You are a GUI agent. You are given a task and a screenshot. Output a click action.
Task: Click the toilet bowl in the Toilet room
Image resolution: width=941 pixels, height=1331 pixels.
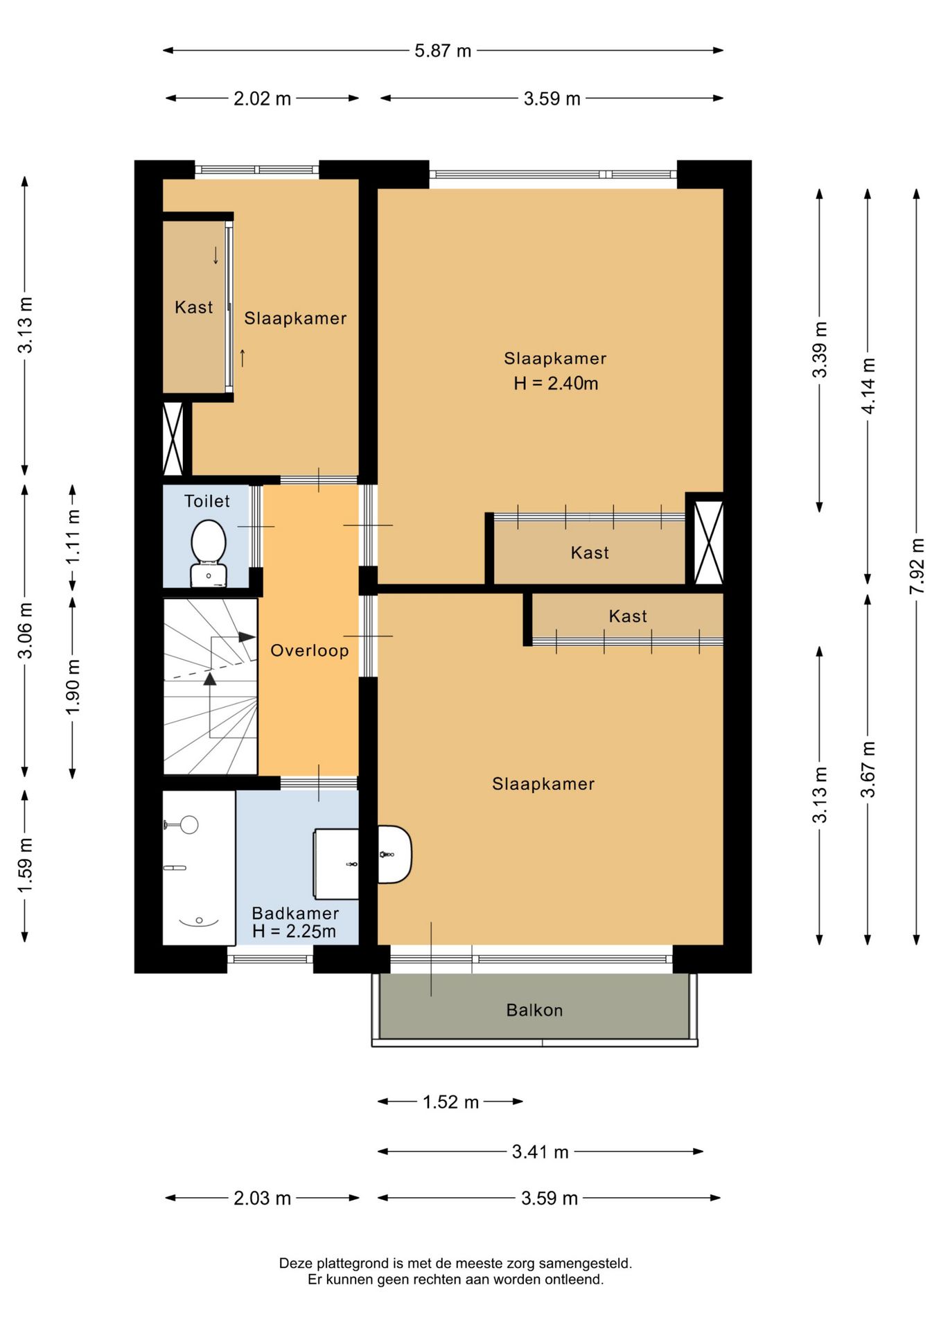209,542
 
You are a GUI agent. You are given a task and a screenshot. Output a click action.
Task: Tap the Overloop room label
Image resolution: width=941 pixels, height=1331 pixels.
310,650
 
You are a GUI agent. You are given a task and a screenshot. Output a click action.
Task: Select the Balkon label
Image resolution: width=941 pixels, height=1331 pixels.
534,1010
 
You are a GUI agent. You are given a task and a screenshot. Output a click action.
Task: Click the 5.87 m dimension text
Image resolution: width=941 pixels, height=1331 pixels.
443,51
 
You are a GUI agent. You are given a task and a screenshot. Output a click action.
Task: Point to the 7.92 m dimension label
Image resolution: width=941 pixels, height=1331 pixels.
917,566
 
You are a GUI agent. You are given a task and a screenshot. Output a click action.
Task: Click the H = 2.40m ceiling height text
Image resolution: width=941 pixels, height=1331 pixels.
556,383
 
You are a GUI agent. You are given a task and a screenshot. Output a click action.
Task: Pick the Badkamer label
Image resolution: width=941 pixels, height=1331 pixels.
295,913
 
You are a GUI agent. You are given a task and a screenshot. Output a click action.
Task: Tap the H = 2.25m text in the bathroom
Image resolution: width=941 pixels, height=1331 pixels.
294,932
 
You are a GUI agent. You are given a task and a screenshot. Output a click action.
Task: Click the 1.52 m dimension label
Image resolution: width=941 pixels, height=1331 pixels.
451,1102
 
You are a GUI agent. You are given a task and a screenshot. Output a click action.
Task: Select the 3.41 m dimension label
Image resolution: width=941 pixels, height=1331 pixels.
540,1152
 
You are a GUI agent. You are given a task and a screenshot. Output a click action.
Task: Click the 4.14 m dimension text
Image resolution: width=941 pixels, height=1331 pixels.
868,385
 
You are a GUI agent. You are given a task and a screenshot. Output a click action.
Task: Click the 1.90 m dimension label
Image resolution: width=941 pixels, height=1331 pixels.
73,687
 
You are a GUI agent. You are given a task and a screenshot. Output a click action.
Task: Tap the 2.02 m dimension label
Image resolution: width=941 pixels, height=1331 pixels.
262,98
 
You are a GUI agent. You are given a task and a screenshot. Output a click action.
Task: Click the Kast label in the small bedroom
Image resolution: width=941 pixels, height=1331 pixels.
194,307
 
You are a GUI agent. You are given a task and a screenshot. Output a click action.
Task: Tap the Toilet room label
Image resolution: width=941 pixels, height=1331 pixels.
207,501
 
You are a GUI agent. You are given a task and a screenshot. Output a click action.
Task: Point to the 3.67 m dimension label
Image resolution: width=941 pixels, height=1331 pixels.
868,769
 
